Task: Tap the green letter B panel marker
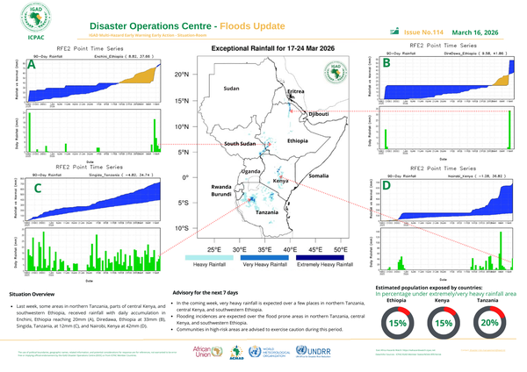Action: tap(387, 63)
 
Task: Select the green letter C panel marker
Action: tap(37, 188)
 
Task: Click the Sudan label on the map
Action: tap(231, 89)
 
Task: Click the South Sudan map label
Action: tap(240, 143)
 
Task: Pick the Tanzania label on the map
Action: tap(268, 213)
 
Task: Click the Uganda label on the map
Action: tap(252, 171)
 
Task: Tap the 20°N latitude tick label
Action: tap(181, 75)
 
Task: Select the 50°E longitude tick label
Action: tap(342, 248)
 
